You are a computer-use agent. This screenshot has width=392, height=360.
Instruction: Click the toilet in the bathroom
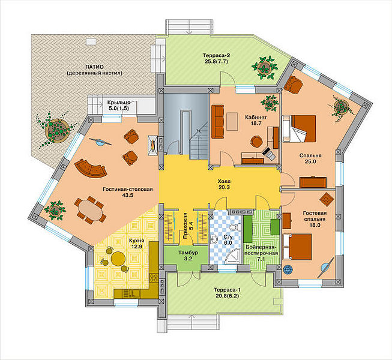(x=234, y=227)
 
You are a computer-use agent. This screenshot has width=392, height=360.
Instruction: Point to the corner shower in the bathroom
(x=233, y=257)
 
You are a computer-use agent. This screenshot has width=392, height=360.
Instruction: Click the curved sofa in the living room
(x=91, y=169)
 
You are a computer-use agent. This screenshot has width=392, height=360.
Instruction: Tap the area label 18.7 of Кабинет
(x=256, y=123)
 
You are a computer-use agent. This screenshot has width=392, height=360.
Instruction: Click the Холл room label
(x=224, y=181)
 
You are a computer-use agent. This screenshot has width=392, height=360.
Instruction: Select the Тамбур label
(x=188, y=253)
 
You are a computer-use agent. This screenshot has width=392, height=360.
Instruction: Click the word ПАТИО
(x=94, y=67)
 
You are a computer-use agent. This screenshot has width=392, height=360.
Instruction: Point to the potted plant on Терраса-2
(x=265, y=67)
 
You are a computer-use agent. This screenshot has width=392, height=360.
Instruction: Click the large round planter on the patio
(x=57, y=131)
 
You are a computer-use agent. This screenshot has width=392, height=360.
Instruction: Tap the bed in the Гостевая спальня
(x=297, y=247)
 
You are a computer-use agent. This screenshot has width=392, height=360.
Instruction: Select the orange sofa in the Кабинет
(x=217, y=122)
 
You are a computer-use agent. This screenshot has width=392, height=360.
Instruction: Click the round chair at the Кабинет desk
(x=256, y=142)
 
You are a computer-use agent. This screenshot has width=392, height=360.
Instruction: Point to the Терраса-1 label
(x=227, y=290)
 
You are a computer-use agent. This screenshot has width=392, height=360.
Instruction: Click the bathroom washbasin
(x=214, y=239)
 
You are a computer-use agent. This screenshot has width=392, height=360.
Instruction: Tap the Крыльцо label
(x=119, y=102)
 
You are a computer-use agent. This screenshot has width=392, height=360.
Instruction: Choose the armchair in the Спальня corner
(x=294, y=84)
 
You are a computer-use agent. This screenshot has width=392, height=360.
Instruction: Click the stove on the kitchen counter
(x=154, y=277)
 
